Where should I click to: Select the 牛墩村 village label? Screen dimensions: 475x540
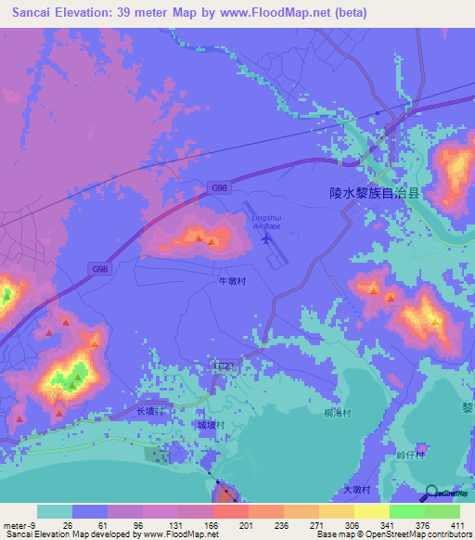point(230,278)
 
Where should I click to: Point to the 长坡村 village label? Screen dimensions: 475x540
point(149,411)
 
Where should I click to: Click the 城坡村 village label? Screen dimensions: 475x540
point(210,425)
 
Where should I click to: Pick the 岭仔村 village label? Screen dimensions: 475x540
point(409,456)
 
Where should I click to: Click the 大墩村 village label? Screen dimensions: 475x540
point(356,489)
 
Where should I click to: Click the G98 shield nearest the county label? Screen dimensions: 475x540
point(219,188)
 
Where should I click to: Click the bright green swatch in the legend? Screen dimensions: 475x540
point(407,511)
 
